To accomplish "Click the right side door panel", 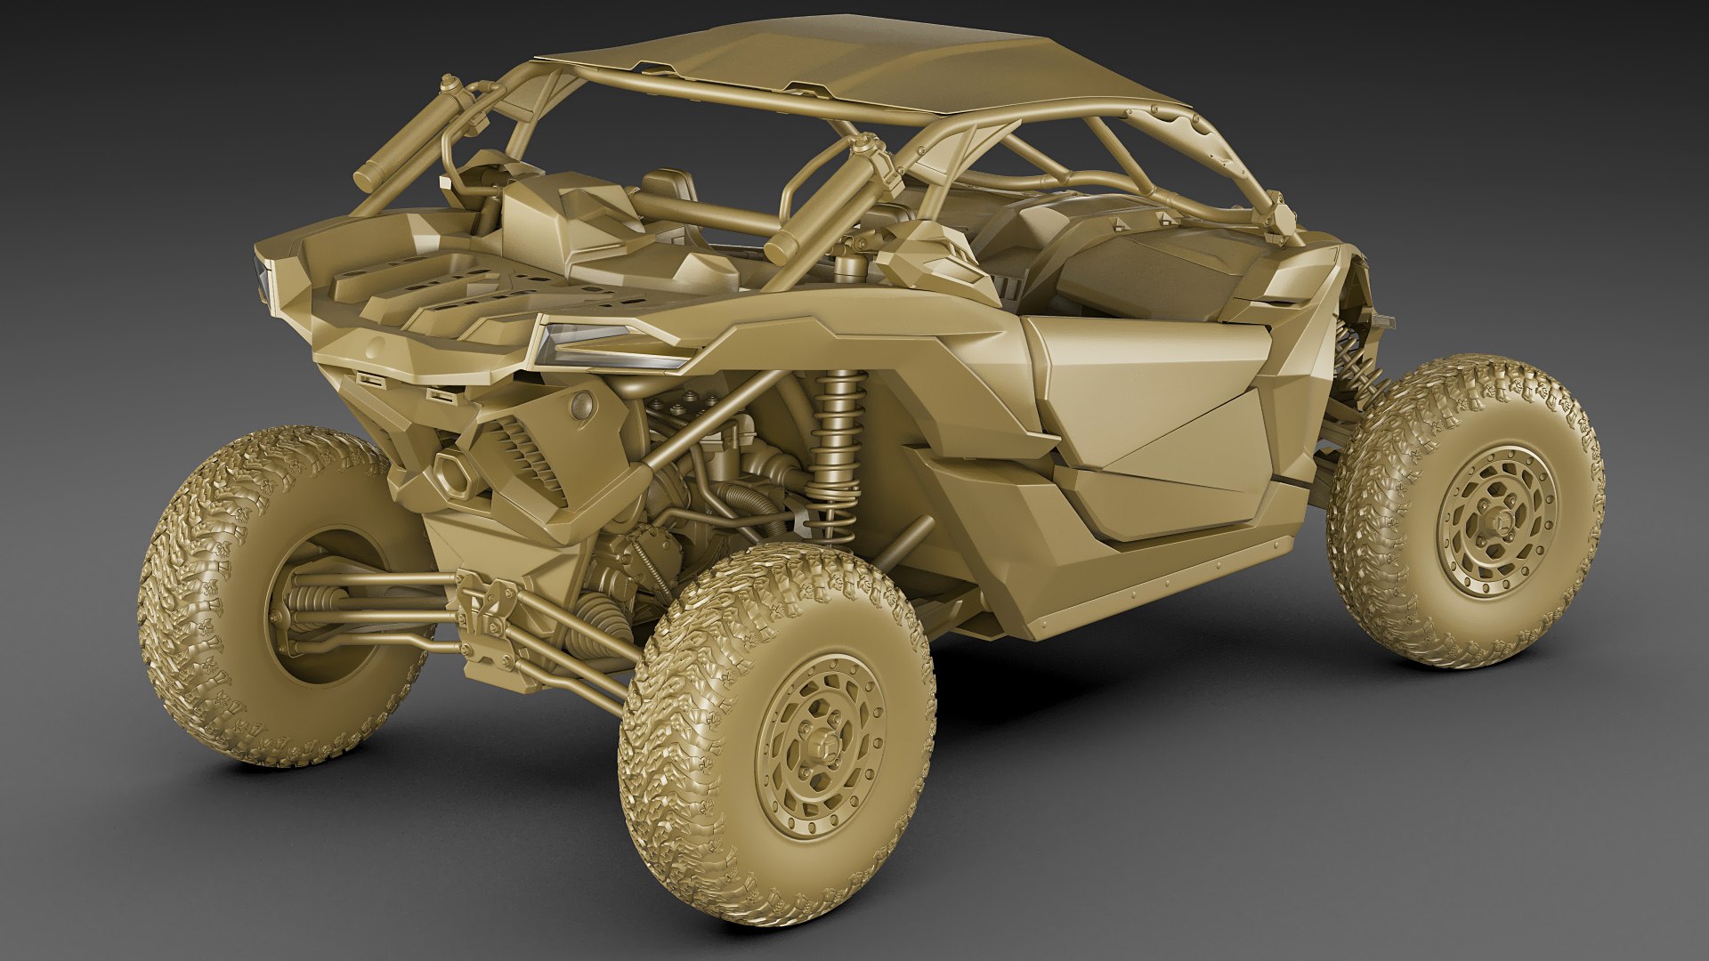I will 1157,400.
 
